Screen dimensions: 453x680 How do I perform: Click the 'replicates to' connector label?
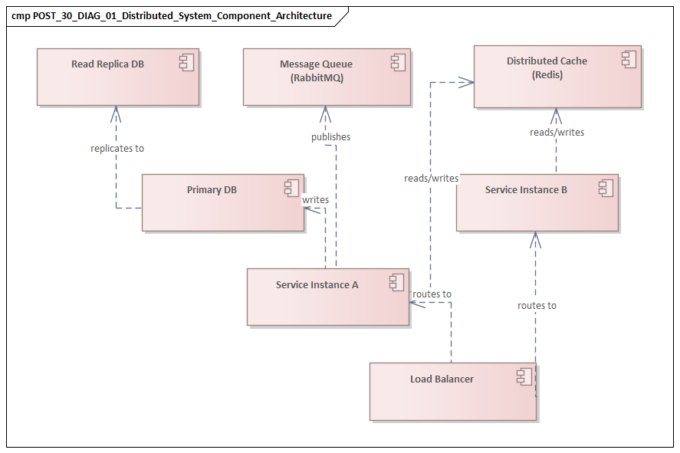pos(117,149)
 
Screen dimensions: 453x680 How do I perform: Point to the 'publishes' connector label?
pos(330,137)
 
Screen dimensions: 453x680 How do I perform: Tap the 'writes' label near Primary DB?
pos(316,200)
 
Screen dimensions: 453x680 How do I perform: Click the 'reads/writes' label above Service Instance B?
pos(557,133)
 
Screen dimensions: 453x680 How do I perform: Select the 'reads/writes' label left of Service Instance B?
pos(431,179)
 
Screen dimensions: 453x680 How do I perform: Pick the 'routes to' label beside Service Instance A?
pos(432,294)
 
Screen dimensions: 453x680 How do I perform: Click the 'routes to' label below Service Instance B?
pos(537,306)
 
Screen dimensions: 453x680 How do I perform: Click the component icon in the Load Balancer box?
pos(524,376)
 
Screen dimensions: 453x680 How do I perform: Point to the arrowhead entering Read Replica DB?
pos(117,112)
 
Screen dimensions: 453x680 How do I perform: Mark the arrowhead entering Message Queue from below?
pos(325,113)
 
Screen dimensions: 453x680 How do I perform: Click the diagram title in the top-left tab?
pos(172,16)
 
